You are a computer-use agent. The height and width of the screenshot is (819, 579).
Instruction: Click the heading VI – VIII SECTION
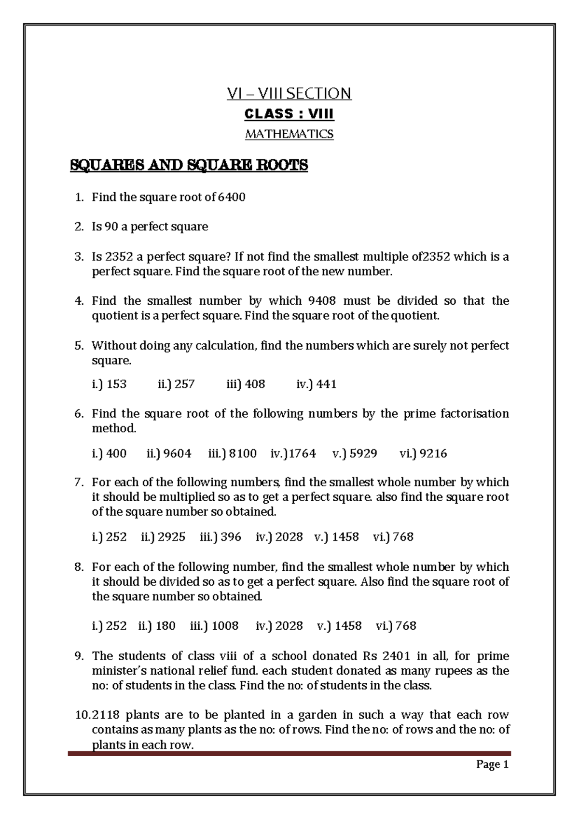[289, 93]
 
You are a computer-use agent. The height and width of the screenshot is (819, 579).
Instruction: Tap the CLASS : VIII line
[289, 114]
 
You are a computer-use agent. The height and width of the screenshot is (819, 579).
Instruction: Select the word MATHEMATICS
[289, 134]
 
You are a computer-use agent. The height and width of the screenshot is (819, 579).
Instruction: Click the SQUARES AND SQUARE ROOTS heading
[189, 165]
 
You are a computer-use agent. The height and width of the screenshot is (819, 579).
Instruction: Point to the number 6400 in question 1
[232, 197]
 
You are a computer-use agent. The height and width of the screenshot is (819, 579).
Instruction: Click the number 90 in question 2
[111, 226]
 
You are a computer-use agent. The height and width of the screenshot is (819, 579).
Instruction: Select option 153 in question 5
[116, 384]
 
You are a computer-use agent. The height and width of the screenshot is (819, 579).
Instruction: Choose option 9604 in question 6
[177, 453]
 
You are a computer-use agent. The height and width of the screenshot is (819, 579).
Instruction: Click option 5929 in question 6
[363, 453]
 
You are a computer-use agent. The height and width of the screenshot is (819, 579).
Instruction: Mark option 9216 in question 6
[433, 453]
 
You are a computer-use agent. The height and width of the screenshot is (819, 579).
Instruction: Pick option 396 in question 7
[231, 537]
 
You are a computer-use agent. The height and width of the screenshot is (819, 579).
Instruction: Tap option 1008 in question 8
[225, 625]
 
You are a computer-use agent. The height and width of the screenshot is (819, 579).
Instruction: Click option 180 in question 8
[165, 625]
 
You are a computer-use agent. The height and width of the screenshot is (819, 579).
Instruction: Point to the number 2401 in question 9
[396, 656]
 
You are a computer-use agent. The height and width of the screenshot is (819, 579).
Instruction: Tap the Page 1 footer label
[492, 764]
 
